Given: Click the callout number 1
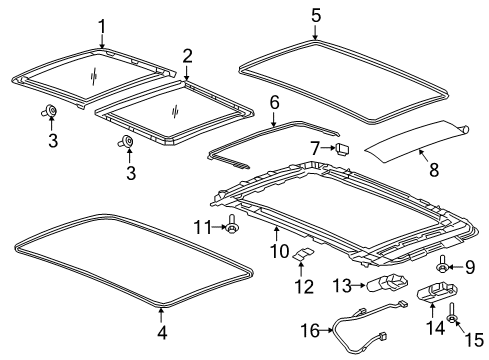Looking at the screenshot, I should point(101,26).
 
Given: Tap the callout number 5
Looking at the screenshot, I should point(316,15).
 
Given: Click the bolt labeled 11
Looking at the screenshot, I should point(233,227).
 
